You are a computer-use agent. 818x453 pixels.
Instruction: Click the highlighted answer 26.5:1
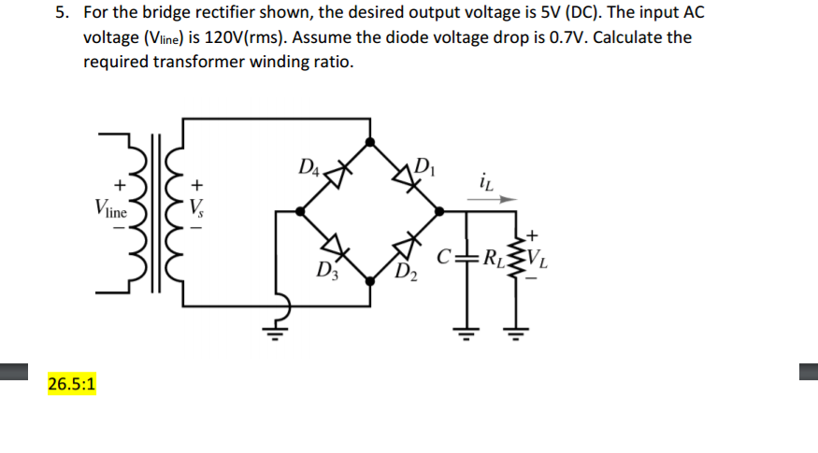pyautogui.click(x=74, y=384)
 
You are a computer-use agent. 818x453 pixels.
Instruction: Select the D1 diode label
pyautogui.click(x=424, y=169)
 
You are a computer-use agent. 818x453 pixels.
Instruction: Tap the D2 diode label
pyautogui.click(x=408, y=274)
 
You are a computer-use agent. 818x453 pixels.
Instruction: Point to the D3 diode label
pyautogui.click(x=323, y=274)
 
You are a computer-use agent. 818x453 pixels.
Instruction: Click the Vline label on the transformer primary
pyautogui.click(x=109, y=209)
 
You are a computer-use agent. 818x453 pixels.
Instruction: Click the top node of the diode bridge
pyautogui.click(x=371, y=142)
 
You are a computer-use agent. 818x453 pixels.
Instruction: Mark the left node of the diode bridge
pyautogui.click(x=300, y=211)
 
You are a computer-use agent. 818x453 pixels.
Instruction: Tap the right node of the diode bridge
pyautogui.click(x=443, y=211)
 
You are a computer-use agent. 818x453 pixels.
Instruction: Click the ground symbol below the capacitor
pyautogui.click(x=465, y=332)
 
